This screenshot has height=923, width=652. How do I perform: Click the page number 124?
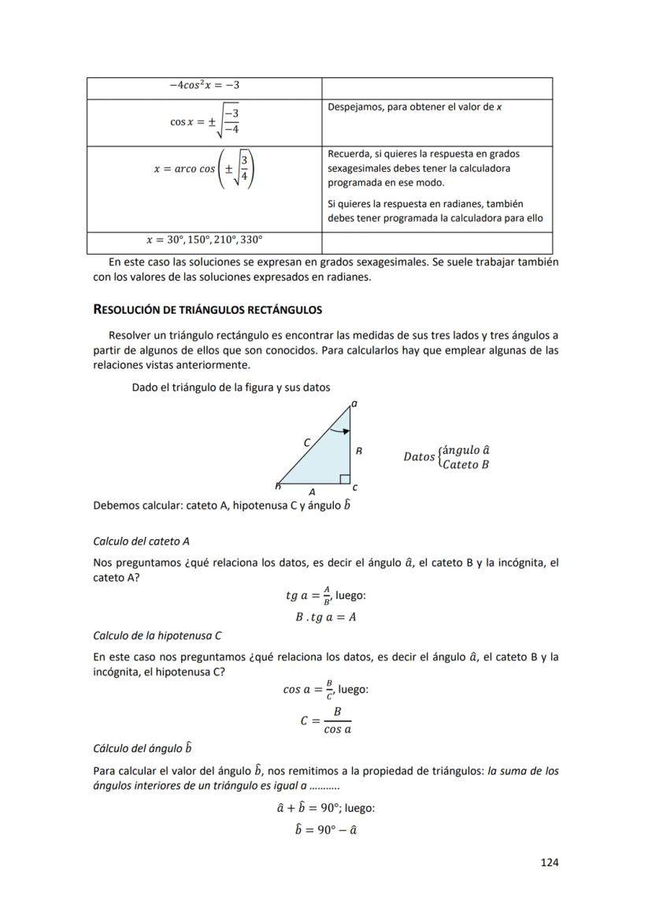point(549,862)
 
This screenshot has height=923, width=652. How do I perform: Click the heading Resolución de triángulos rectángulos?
point(207,309)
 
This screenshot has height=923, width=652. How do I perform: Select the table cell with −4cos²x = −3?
point(204,85)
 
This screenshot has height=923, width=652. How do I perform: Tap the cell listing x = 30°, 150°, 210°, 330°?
point(204,239)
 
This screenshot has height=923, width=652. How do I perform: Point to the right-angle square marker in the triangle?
point(343,479)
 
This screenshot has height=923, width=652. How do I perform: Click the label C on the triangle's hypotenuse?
point(307,442)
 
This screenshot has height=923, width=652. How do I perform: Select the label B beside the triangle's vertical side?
point(358,452)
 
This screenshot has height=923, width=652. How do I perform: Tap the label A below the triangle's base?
point(313,489)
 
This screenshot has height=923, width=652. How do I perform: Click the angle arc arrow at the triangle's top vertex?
point(339,430)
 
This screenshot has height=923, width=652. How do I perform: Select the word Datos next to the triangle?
point(418,457)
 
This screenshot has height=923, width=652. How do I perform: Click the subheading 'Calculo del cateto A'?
point(141,541)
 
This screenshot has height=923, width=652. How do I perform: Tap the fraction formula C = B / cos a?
point(325,720)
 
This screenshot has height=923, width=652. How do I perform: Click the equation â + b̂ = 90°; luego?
point(325,808)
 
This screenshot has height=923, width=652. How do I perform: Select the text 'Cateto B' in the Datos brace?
point(465,464)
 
